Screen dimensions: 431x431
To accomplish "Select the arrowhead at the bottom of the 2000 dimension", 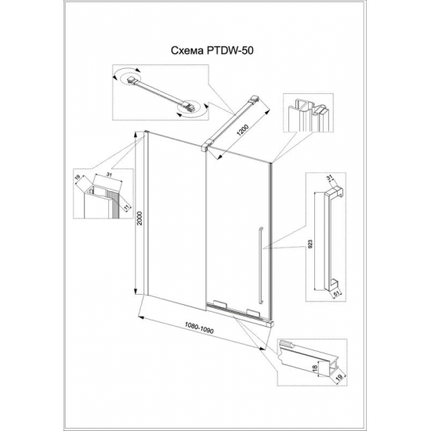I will click(143, 292).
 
